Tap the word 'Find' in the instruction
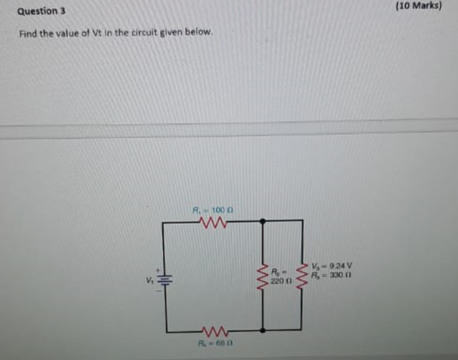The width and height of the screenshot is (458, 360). (28, 34)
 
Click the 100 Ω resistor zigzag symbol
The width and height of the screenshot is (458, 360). (212, 223)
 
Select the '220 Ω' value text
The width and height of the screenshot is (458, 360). (279, 281)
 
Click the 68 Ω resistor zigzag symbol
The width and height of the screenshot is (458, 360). (212, 329)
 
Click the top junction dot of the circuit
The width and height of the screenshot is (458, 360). (262, 222)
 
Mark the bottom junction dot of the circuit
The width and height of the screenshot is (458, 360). (262, 329)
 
